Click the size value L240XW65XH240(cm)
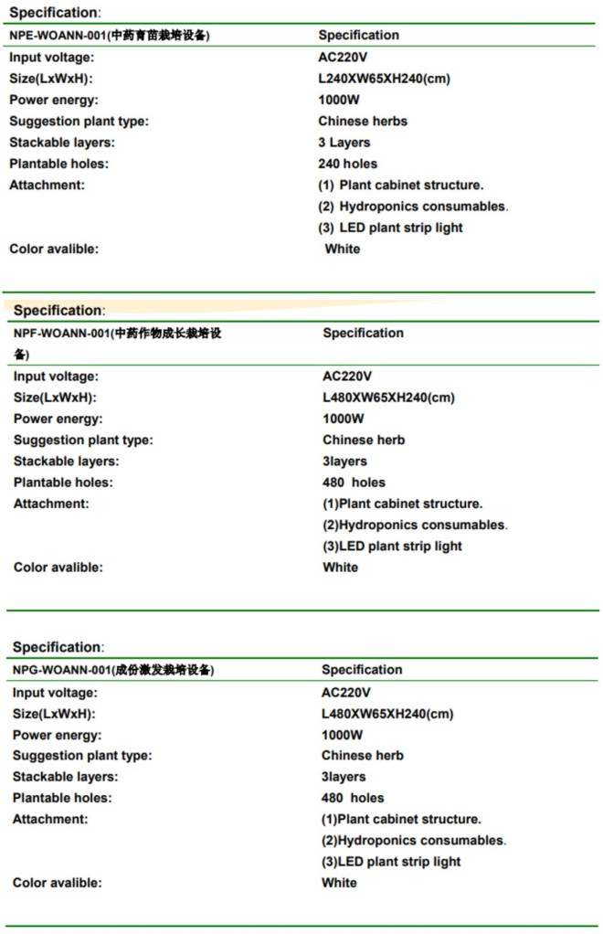pyautogui.click(x=384, y=79)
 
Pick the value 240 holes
pyautogui.click(x=347, y=164)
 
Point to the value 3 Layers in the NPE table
pyautogui.click(x=344, y=143)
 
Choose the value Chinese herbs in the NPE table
pyautogui.click(x=363, y=121)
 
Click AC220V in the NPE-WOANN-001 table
pyautogui.click(x=343, y=57)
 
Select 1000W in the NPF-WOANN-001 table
pyautogui.click(x=344, y=419)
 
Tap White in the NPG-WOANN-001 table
pyautogui.click(x=340, y=883)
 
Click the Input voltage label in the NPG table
pyautogui.click(x=55, y=693)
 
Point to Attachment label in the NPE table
pyautogui.click(x=47, y=185)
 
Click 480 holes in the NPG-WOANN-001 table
pyautogui.click(x=353, y=798)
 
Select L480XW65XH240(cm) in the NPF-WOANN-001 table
pyautogui.click(x=388, y=398)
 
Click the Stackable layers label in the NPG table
pyautogui.click(x=65, y=777)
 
